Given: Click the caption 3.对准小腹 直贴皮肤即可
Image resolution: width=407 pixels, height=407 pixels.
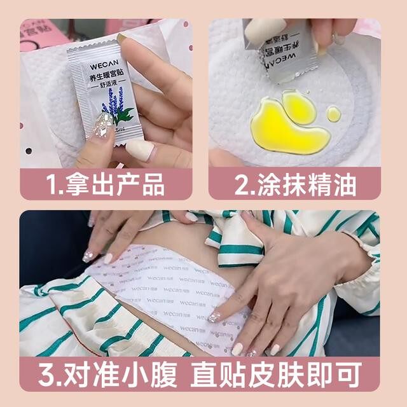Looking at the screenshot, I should [x=203, y=375].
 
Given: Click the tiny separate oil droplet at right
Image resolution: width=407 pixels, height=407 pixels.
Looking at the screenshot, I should [x=334, y=114].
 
